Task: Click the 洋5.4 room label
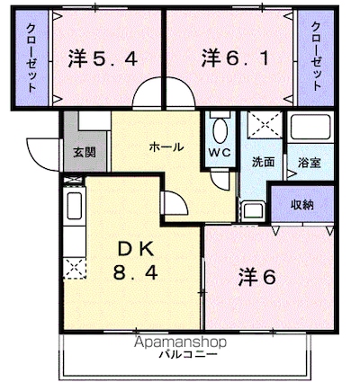click(103, 58)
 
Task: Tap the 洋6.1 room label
click(235, 58)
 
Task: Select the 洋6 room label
click(257, 277)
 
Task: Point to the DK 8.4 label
click(136, 261)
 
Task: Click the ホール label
click(166, 147)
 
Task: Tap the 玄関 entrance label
click(85, 153)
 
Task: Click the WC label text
click(220, 153)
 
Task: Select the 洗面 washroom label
click(263, 162)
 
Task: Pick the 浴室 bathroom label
click(310, 163)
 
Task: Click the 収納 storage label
click(302, 205)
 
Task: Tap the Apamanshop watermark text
click(180, 342)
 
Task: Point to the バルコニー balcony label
click(188, 355)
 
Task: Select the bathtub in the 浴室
click(310, 128)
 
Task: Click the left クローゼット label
click(31, 58)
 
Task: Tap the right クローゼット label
click(316, 57)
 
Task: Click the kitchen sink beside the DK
click(75, 206)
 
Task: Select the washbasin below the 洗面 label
click(254, 210)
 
